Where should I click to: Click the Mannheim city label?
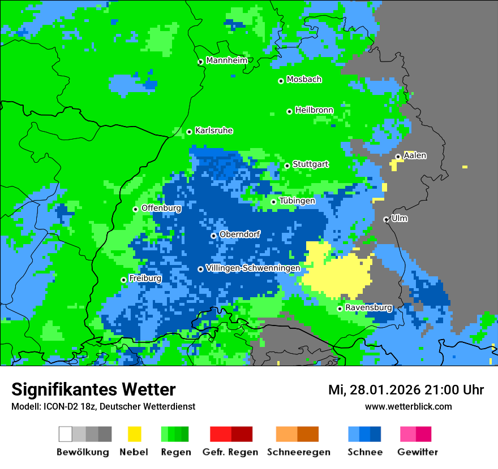click(x=226, y=60)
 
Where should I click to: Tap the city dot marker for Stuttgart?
click(x=287, y=166)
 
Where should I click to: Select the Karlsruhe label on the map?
click(x=214, y=131)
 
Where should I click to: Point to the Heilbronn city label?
click(x=314, y=110)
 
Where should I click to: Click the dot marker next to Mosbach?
click(x=281, y=81)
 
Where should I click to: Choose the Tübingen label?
click(x=297, y=201)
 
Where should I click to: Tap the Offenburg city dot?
click(x=135, y=209)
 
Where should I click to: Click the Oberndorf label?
click(x=239, y=234)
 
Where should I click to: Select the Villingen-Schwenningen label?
click(x=253, y=268)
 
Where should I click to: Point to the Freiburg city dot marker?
click(x=123, y=280)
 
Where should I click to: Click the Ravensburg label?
click(x=368, y=307)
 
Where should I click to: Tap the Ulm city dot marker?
click(x=386, y=219)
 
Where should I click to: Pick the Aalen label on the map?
click(x=415, y=155)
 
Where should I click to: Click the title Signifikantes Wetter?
click(x=93, y=389)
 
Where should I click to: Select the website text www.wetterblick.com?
click(x=408, y=406)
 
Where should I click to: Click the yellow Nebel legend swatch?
click(x=134, y=434)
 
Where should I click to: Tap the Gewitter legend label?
click(x=418, y=452)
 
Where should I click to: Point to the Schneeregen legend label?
click(x=299, y=452)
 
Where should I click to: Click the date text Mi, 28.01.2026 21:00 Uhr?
click(x=406, y=390)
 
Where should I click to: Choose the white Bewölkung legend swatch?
click(x=66, y=434)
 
